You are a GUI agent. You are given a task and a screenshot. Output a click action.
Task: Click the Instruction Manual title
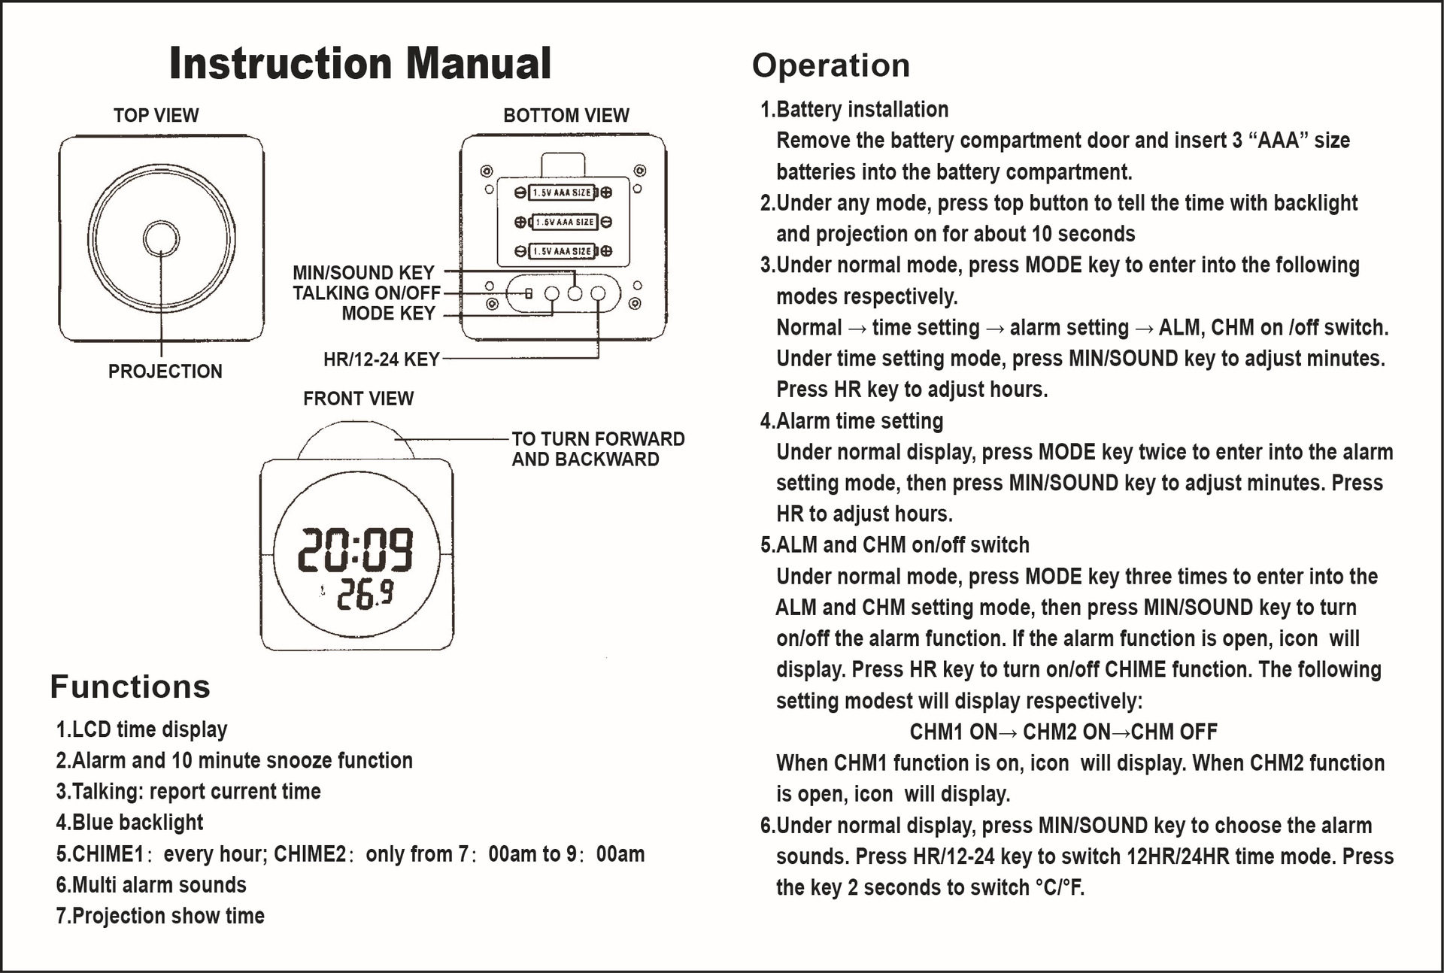tap(360, 63)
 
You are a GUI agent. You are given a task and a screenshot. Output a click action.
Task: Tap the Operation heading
tap(830, 65)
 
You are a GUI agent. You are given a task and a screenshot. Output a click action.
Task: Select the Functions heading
tap(130, 687)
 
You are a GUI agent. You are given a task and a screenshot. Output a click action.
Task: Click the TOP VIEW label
tap(156, 115)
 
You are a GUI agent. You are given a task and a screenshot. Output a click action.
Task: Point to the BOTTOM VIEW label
tap(566, 115)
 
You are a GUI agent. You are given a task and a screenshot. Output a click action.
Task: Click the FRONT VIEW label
tap(358, 399)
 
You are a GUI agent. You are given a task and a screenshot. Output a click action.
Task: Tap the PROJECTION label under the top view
tap(165, 371)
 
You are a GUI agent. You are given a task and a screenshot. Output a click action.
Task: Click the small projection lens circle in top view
tap(161, 238)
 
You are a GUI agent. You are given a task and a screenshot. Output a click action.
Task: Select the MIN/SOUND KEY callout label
tap(363, 272)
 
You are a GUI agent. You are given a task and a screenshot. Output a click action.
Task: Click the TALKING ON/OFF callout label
tap(366, 293)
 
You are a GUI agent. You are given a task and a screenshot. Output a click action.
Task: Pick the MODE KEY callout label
tap(388, 314)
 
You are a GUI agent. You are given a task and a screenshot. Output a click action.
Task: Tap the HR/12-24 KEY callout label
tap(381, 359)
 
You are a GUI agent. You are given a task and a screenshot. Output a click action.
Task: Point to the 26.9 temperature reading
tap(364, 596)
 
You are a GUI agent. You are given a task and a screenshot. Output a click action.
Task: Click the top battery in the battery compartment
tap(563, 192)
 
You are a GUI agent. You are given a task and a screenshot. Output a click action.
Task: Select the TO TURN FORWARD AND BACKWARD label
tap(598, 449)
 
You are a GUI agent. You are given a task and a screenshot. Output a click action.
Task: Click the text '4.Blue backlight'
tap(129, 823)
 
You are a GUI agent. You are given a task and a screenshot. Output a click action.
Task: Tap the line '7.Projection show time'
tap(160, 916)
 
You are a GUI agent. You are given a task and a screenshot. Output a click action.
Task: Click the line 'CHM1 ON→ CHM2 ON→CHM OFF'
tap(1063, 732)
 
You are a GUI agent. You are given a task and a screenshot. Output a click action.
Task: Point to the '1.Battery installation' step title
tap(854, 110)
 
